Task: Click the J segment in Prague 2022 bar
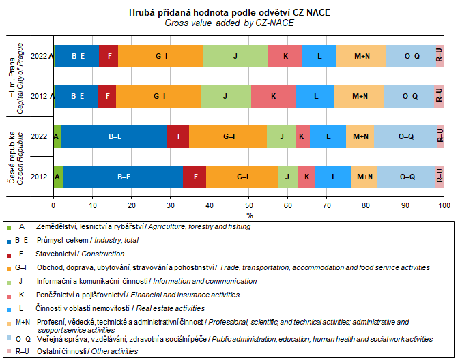tap(235, 56)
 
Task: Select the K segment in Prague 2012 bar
tap(273, 96)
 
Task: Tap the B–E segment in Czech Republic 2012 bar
tap(123, 177)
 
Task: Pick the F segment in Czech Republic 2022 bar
tap(178, 136)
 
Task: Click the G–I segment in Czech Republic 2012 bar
tap(242, 177)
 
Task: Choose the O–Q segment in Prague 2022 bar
tap(412, 56)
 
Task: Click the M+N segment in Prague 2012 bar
tap(360, 96)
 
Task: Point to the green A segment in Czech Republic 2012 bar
tap(58, 177)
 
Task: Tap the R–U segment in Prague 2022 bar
tap(440, 56)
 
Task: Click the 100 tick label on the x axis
tap(444, 204)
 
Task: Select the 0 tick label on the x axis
tap(54, 204)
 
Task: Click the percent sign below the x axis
tap(249, 215)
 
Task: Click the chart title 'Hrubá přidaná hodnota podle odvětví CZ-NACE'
tap(230, 13)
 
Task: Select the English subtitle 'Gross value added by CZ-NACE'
tap(230, 22)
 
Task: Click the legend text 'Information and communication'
tap(204, 281)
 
